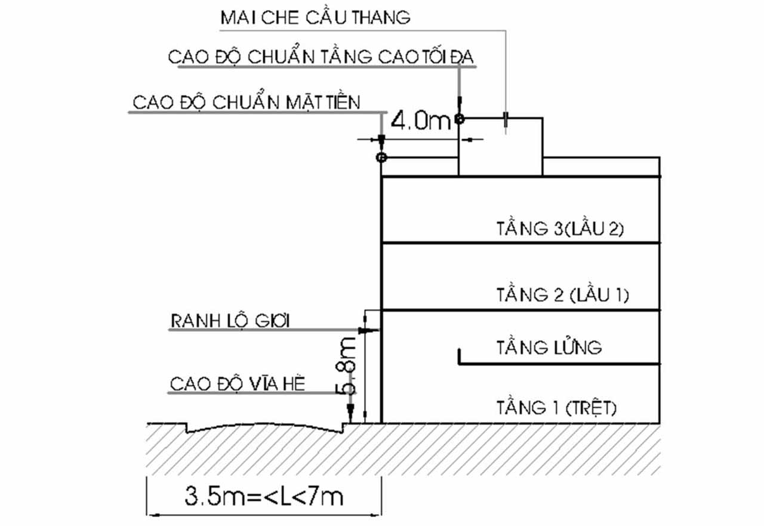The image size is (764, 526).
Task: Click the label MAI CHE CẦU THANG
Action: coord(316,17)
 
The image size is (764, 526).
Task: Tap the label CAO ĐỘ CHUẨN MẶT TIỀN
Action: coord(247,102)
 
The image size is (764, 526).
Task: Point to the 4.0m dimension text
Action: coord(420,122)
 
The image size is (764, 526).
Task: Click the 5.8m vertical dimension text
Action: coord(347,366)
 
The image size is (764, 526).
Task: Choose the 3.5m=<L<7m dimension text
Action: coord(264,496)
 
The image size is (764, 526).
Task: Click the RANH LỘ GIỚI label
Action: coord(230,322)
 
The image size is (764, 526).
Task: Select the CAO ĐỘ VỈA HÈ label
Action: coord(238,384)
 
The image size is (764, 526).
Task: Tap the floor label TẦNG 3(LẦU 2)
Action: coord(560,229)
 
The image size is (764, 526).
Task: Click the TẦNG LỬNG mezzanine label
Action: coord(549,347)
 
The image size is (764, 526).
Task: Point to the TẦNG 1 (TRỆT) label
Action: coord(556,408)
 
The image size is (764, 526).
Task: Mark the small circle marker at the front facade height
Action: coord(381,158)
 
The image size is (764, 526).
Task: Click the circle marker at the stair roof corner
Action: coord(459,119)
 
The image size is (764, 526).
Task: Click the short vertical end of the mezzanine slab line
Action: coord(459,356)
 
